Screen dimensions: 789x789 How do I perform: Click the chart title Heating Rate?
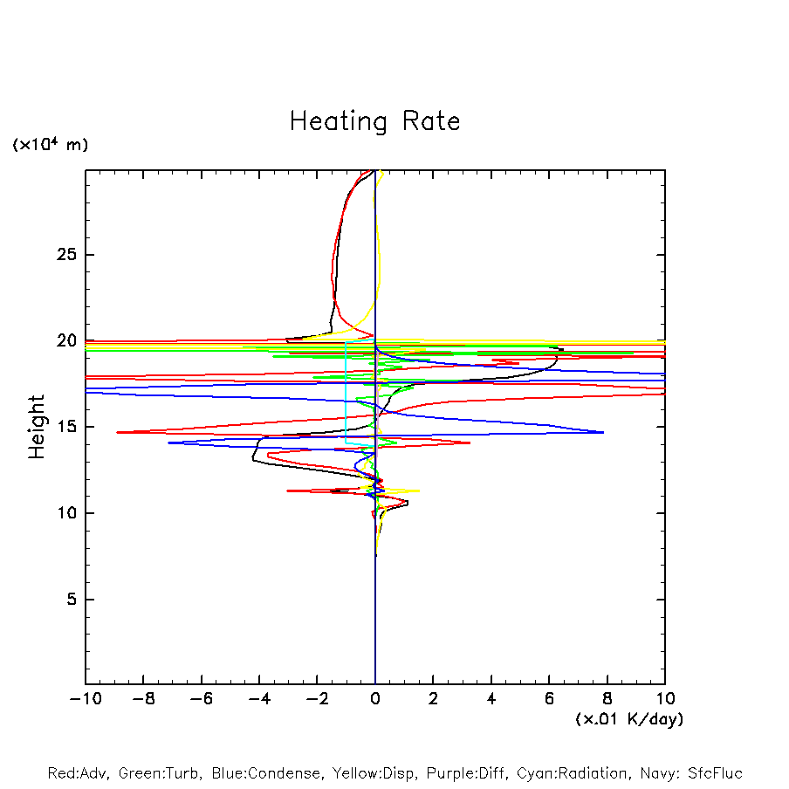[374, 121]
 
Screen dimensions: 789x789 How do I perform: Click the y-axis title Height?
[36, 427]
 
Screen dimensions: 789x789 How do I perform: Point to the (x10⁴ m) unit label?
[50, 145]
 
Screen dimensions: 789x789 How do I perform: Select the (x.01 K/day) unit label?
[628, 718]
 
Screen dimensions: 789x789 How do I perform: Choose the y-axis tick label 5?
[69, 600]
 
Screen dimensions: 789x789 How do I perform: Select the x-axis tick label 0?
[375, 699]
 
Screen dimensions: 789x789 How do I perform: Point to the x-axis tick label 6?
[549, 699]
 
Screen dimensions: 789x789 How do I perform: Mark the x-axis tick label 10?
[665, 699]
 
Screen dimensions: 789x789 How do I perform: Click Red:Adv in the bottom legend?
[78, 773]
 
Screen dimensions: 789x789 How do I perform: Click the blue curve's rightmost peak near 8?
[602, 432]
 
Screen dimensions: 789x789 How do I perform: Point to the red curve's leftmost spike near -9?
[118, 432]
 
